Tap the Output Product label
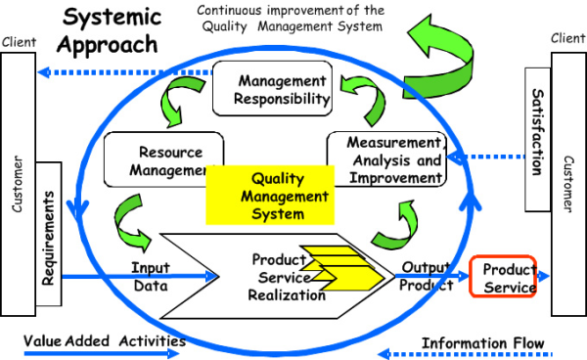[x=426, y=278]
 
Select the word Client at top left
[x=20, y=43]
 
